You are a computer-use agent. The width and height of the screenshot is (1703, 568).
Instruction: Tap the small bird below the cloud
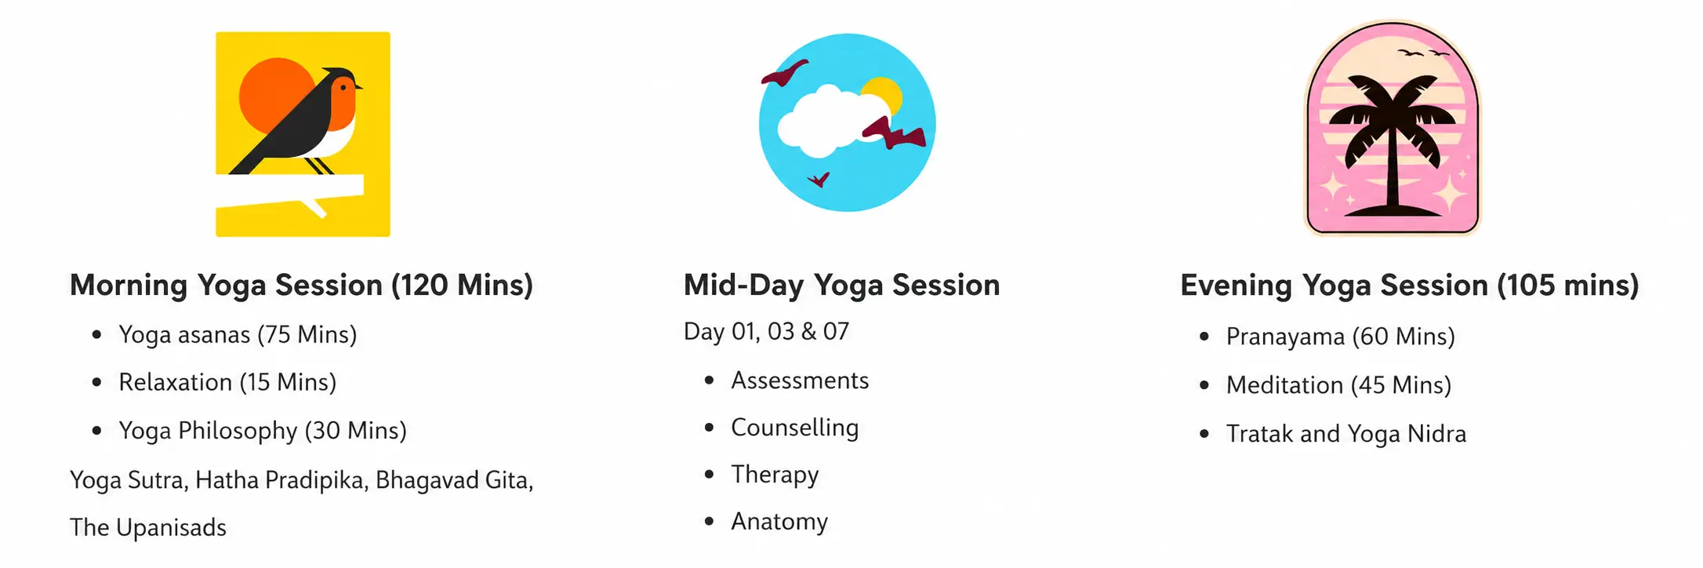tap(819, 180)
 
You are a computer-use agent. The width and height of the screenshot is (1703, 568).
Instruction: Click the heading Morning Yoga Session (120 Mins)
tap(301, 285)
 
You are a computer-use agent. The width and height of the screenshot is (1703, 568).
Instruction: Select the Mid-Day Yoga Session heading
tap(841, 285)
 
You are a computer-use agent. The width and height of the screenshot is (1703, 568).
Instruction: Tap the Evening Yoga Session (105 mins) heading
tap(1410, 285)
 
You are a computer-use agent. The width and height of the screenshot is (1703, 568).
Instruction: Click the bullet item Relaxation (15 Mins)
tap(227, 382)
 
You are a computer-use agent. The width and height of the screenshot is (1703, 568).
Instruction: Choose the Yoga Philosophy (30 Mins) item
tap(263, 431)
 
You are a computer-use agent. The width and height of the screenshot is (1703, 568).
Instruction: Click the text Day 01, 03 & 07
tap(766, 331)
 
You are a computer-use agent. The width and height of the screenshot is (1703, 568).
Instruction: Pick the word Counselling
tap(795, 428)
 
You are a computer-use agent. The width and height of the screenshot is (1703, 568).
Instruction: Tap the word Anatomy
tap(779, 522)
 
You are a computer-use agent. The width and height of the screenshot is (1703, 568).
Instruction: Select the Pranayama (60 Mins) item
tap(1341, 337)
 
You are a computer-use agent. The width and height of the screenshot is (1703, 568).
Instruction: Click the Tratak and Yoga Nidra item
tap(1346, 434)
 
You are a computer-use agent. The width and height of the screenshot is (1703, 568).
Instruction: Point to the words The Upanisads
tap(148, 527)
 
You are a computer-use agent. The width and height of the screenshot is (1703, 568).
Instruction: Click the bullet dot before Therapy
tap(710, 475)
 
